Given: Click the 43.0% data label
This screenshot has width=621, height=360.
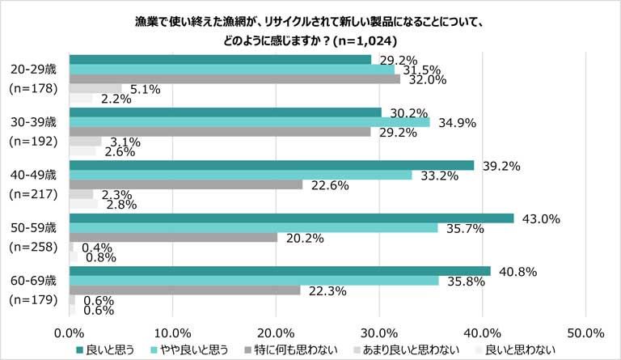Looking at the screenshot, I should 535,218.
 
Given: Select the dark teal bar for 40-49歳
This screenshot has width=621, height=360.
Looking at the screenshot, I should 272,165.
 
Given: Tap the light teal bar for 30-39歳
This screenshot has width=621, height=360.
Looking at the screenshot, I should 249,122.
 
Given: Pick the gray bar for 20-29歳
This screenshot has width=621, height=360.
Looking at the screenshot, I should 234,79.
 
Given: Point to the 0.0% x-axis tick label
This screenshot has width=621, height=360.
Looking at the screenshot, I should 70,332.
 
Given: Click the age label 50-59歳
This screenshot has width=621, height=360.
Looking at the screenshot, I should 33,228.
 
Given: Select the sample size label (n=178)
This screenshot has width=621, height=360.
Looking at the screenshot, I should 33,90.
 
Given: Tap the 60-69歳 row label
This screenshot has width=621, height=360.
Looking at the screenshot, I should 33,281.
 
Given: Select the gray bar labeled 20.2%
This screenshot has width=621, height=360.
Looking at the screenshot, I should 173,238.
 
